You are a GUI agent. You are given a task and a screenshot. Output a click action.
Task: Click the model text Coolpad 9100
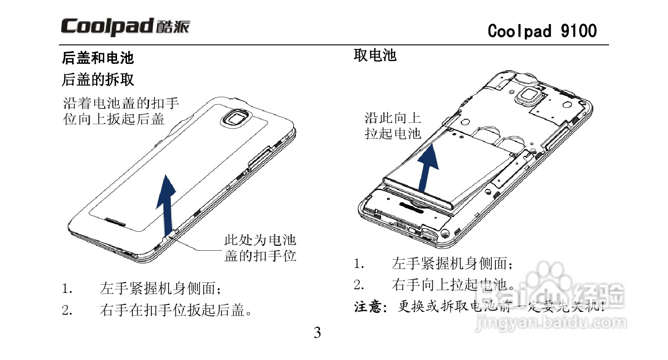(542, 31)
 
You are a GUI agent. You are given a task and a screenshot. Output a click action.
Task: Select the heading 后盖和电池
(97, 58)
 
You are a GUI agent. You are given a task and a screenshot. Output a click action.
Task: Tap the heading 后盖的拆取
(97, 80)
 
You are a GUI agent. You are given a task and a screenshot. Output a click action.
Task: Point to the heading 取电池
(375, 55)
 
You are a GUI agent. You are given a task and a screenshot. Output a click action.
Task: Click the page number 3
(317, 333)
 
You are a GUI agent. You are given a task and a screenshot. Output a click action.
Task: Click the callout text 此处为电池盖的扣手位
(260, 248)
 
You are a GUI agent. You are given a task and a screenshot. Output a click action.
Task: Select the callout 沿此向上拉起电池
(393, 126)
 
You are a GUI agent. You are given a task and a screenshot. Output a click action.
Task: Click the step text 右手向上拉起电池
(453, 285)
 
